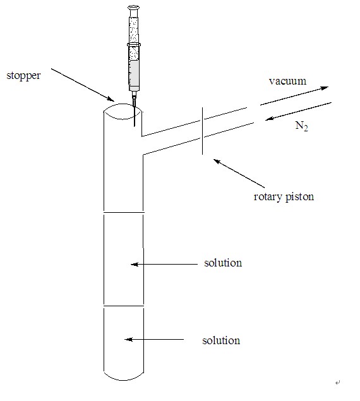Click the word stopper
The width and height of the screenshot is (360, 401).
click(x=23, y=76)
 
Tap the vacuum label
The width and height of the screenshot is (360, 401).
click(x=287, y=81)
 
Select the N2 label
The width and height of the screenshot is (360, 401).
click(x=302, y=126)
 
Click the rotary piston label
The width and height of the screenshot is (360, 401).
click(x=284, y=197)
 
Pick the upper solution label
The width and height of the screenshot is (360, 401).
click(x=223, y=263)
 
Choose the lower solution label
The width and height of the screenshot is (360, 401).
click(x=221, y=340)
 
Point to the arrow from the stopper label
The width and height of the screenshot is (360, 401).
click(x=83, y=85)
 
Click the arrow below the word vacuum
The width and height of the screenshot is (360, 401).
click(x=294, y=96)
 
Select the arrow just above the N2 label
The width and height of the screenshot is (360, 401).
click(x=298, y=111)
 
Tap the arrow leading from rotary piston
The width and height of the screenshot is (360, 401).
click(x=239, y=174)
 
